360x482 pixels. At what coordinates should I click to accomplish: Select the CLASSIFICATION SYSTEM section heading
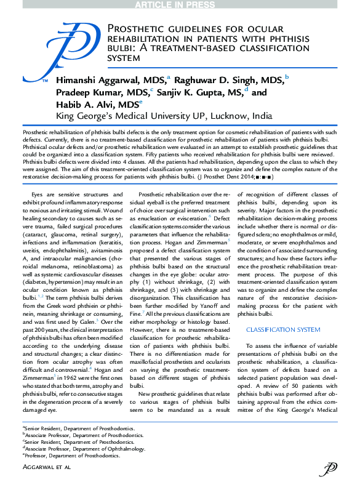coord(274,330)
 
